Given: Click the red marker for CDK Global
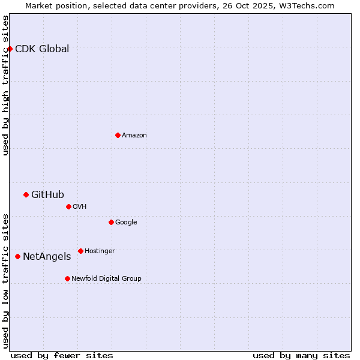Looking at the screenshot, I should (x=10, y=49).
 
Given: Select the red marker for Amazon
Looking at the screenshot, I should (x=118, y=135).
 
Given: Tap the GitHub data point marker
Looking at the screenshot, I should (x=26, y=194).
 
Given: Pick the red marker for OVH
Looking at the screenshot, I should (x=68, y=206).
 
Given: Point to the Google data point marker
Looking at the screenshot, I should (x=111, y=222).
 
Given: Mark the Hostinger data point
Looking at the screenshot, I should (x=80, y=251).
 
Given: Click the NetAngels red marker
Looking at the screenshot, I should (x=17, y=256).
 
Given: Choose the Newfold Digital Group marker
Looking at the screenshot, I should (x=67, y=278).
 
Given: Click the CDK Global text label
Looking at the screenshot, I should (x=42, y=49).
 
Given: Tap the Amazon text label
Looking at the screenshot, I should (x=134, y=136).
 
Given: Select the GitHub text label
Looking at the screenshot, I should (x=47, y=194).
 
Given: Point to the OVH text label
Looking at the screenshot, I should (x=80, y=207).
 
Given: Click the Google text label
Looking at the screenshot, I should (x=126, y=223).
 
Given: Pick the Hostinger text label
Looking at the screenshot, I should (x=100, y=251).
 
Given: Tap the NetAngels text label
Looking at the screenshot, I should (x=47, y=257).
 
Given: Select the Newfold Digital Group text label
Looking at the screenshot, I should (x=106, y=279).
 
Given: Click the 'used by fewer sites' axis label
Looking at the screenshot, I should (x=62, y=355).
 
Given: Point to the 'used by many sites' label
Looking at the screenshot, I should (x=301, y=355).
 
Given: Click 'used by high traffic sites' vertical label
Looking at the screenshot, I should (x=5, y=85).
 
